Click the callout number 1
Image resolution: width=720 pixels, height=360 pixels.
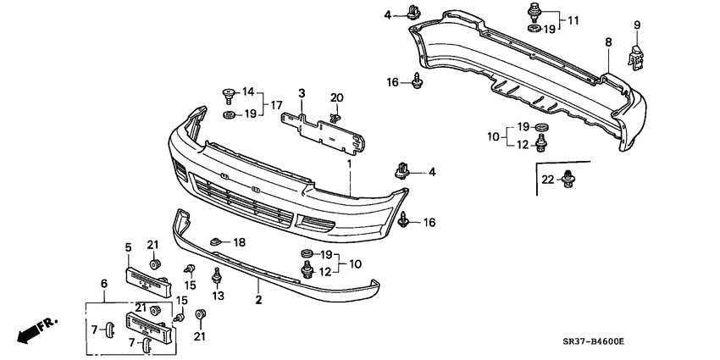(x=349, y=163)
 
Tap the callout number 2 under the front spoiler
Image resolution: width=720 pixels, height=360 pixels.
(x=258, y=301)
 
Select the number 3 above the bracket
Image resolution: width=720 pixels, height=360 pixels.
(x=302, y=94)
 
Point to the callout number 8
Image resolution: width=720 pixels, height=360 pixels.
(x=608, y=42)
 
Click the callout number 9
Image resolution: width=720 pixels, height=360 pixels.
(x=637, y=25)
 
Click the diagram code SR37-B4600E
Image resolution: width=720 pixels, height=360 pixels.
(x=593, y=342)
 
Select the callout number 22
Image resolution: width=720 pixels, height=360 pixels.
(x=548, y=180)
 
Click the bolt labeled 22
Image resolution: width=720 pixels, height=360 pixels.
(x=569, y=179)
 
